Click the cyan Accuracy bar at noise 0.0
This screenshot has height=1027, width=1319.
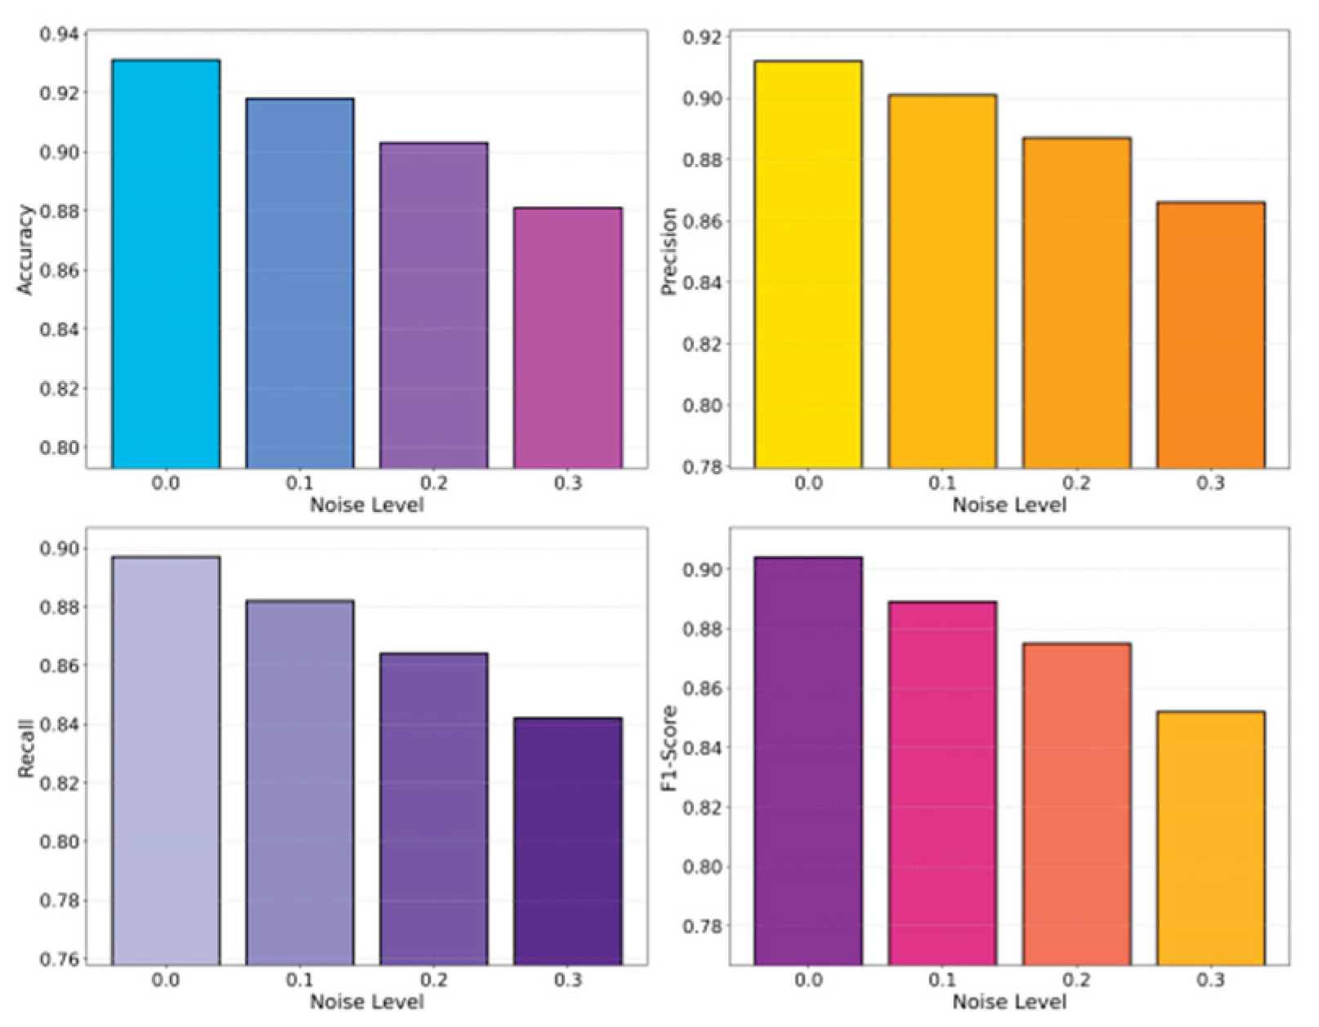[166, 264]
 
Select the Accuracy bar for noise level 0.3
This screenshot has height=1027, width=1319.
[567, 338]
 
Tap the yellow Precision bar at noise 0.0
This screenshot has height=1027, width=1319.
[809, 265]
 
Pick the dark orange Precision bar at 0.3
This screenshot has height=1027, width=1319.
[1211, 335]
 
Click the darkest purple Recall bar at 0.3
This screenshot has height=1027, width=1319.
[567, 841]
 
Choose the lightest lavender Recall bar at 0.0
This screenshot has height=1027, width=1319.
[166, 761]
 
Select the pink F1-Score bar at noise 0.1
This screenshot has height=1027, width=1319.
[943, 783]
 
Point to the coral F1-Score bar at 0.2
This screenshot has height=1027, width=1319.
[1077, 804]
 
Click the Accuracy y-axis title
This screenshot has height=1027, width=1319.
[26, 250]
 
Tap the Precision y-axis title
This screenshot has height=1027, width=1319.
[669, 251]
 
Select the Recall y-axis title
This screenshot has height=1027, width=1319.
[26, 749]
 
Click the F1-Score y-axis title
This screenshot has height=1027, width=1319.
[669, 748]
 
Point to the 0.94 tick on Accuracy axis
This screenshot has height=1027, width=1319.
[59, 34]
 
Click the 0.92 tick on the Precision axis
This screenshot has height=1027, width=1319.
[702, 38]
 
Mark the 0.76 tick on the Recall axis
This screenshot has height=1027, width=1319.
[59, 959]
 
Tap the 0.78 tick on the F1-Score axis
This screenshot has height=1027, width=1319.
[702, 927]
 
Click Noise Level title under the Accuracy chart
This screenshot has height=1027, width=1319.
[366, 505]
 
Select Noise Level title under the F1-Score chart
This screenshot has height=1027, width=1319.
[1010, 1002]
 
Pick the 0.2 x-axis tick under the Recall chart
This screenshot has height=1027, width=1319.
[434, 980]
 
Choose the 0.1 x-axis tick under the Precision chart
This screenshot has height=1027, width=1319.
[943, 484]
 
